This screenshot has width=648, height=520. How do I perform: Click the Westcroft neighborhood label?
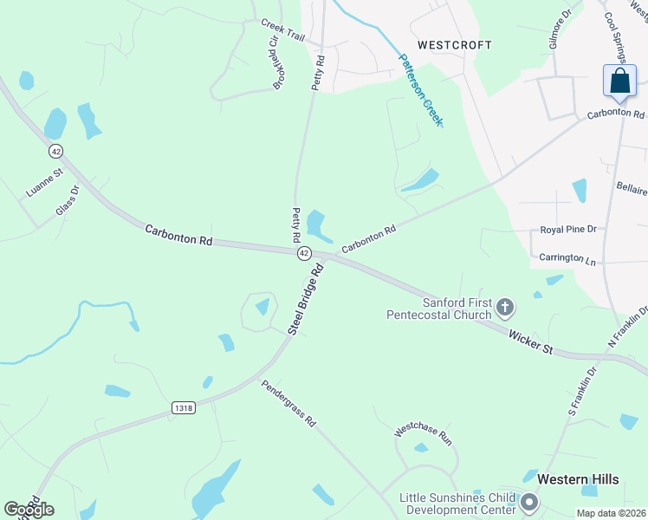click(454, 44)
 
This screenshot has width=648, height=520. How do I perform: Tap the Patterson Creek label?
click(420, 90)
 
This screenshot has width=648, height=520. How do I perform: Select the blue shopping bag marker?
click(619, 81)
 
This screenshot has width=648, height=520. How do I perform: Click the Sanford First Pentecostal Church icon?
click(505, 307)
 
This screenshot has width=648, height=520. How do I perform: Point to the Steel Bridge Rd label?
click(306, 299)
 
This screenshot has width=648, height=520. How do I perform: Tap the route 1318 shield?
click(184, 408)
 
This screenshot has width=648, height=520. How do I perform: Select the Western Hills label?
click(576, 478)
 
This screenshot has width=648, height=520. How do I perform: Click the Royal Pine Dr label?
click(568, 230)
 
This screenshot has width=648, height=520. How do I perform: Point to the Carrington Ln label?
click(567, 258)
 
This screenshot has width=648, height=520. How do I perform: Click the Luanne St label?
click(45, 184)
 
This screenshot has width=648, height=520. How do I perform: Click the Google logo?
click(29, 510)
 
